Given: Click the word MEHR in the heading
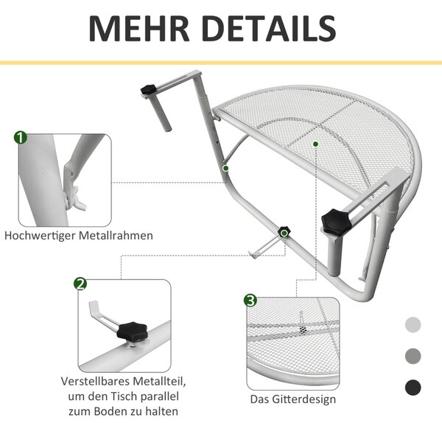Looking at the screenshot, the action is pyautogui.click(x=139, y=29).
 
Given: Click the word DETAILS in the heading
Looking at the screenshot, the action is pyautogui.click(x=269, y=29).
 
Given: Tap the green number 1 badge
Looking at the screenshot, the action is pyautogui.click(x=21, y=138).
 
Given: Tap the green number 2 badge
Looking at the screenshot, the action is pyautogui.click(x=80, y=284).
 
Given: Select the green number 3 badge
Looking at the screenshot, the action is pyautogui.click(x=250, y=301).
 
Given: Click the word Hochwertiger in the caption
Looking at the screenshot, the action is pyautogui.click(x=40, y=236).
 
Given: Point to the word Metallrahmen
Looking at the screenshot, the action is pyautogui.click(x=116, y=236).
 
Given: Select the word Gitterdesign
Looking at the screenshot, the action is pyautogui.click(x=304, y=399).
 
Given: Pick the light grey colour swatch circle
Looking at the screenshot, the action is pyautogui.click(x=413, y=324).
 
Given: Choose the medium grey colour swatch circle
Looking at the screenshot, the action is pyautogui.click(x=413, y=356).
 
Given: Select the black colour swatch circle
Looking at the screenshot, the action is pyautogui.click(x=413, y=388).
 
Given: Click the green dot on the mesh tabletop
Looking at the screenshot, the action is pyautogui.click(x=316, y=144).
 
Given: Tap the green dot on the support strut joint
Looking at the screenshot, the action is pyautogui.click(x=225, y=168).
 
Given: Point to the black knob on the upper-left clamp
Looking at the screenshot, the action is pyautogui.click(x=148, y=89).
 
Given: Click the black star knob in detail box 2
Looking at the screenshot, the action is pyautogui.click(x=133, y=332).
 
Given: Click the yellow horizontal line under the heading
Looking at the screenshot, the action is pyautogui.click(x=221, y=63).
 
